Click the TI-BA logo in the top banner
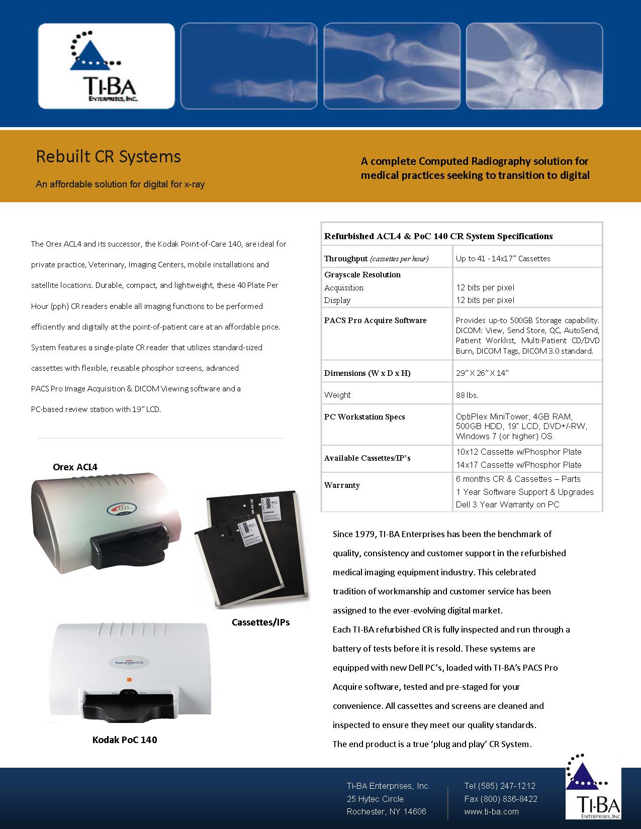(106, 66)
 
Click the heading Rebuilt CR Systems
(108, 157)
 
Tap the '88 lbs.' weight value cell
(467, 395)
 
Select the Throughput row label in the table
(346, 259)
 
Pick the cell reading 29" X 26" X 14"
(483, 373)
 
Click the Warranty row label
(342, 485)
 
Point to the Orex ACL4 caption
(75, 467)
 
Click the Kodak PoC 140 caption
(125, 740)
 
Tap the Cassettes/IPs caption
(260, 622)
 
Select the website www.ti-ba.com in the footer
(491, 811)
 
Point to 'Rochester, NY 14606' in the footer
(386, 811)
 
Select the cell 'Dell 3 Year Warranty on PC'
(507, 504)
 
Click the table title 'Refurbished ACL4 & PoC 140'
(438, 236)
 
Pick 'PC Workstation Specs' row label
(364, 417)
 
